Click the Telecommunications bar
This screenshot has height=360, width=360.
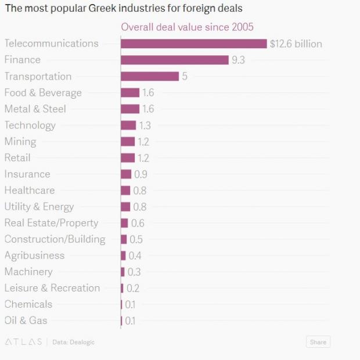pos(193,44)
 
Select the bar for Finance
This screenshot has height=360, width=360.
pos(174,60)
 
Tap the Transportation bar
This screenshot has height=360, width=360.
pos(149,76)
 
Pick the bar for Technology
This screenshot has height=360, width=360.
pos(128,125)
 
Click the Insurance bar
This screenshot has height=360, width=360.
pos(126,174)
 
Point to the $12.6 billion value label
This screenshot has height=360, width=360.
pos(296,44)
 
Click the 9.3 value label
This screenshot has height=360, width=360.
pos(238,60)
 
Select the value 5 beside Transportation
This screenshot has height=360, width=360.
pos(185,76)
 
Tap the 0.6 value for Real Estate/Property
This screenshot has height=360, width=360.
pos(138,223)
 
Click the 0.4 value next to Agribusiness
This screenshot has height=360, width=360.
pos(135,255)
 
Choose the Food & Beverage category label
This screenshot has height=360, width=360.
pos(43,92)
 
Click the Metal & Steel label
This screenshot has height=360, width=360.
pos(35,109)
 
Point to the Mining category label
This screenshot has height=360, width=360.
pos(20,141)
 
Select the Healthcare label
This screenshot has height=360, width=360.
pos(30,190)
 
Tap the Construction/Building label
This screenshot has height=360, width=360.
pos(55,239)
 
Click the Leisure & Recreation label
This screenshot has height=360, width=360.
pos(52,288)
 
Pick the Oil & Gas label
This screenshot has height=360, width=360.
pos(26,321)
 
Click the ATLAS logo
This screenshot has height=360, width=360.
pos(23,342)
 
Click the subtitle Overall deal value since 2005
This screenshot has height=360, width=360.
pos(187,27)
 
